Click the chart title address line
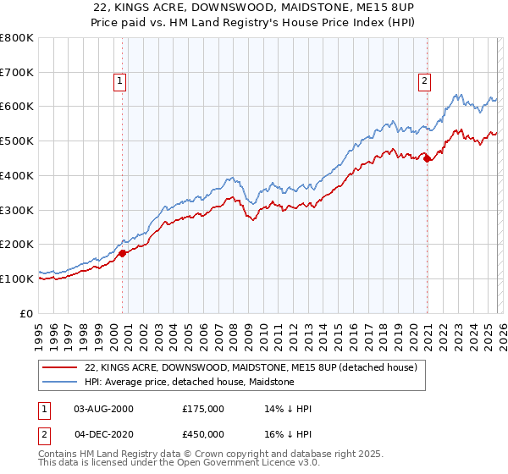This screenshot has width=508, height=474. [254, 8]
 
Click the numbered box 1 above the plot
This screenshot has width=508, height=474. [120, 81]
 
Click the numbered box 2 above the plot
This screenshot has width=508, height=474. [423, 81]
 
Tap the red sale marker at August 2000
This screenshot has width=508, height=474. [122, 252]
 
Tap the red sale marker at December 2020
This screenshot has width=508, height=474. [428, 157]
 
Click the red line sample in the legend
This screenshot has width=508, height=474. [60, 368]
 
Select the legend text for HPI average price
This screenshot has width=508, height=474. [189, 382]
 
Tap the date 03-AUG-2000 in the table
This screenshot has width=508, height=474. [103, 409]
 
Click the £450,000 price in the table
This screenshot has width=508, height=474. [203, 434]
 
